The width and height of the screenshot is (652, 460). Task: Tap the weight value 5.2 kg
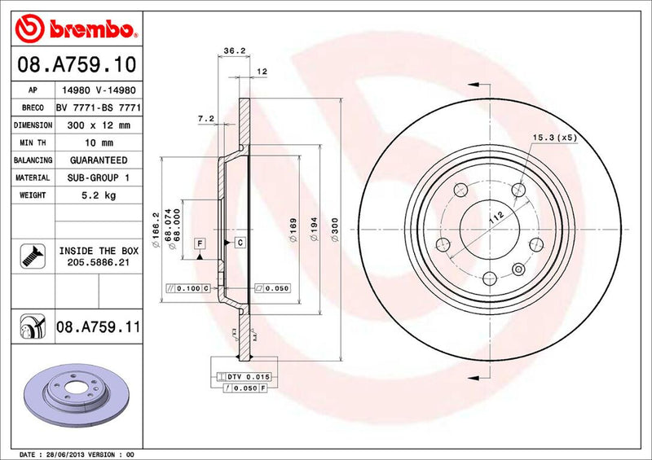click(x=97, y=195)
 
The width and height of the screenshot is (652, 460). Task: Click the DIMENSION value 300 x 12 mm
click(x=97, y=125)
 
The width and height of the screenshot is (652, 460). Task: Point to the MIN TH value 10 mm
click(x=97, y=143)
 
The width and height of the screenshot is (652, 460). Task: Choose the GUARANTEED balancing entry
click(x=97, y=160)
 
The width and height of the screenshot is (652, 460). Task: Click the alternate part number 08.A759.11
click(x=99, y=327)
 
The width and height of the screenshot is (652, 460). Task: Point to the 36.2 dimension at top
click(x=235, y=51)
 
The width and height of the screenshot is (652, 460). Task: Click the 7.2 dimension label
click(x=205, y=119)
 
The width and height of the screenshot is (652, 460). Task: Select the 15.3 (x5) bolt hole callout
click(x=554, y=138)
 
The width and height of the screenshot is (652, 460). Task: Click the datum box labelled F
click(x=199, y=243)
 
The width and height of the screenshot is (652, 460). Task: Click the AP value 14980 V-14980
click(x=98, y=91)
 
